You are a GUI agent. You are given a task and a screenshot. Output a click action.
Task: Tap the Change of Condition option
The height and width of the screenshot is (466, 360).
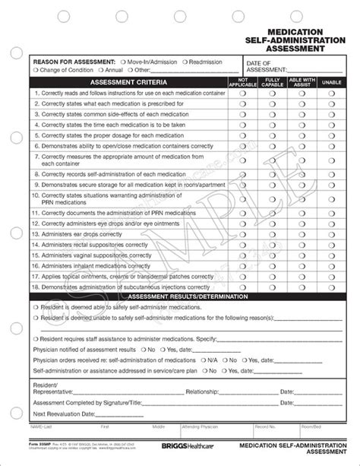point(34,70)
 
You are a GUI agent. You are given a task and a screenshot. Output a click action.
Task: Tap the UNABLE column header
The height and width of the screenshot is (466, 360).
point(332,81)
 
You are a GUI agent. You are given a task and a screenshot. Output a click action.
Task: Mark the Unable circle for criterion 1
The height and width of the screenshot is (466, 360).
point(332,93)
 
